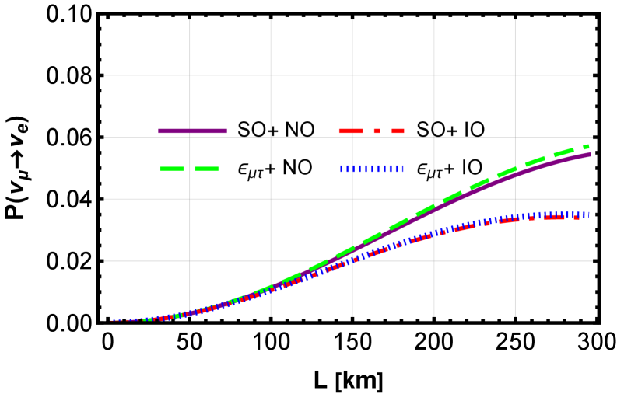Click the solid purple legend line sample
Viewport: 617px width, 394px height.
click(x=192, y=131)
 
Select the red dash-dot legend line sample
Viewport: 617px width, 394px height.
click(x=371, y=131)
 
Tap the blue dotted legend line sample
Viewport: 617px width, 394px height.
click(x=372, y=168)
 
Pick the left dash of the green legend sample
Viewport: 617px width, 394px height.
click(x=172, y=168)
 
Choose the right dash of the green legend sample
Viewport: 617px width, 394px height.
click(x=207, y=168)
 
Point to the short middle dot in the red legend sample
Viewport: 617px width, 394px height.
click(x=377, y=131)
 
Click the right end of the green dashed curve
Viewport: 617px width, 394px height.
click(x=588, y=145)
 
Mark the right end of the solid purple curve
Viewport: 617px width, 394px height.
click(x=591, y=154)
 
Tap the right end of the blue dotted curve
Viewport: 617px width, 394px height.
click(x=588, y=214)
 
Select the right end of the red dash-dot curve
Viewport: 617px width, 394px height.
click(x=577, y=217)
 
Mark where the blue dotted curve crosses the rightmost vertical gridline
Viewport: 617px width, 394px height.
click(x=515, y=217)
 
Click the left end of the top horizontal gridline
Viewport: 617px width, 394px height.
click(x=105, y=75)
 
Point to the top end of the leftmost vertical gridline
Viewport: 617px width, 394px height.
click(x=190, y=20)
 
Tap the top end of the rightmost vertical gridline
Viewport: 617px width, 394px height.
click(x=515, y=20)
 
